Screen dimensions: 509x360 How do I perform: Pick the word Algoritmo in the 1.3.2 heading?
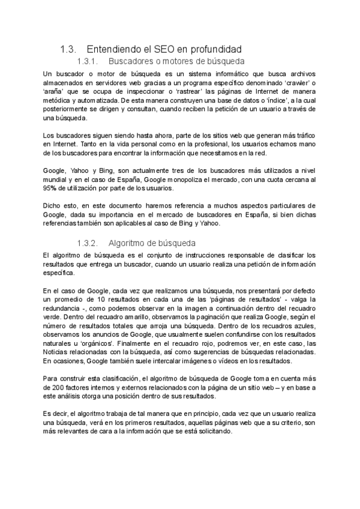click(128, 243)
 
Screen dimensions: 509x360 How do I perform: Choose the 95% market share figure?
click(51, 188)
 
